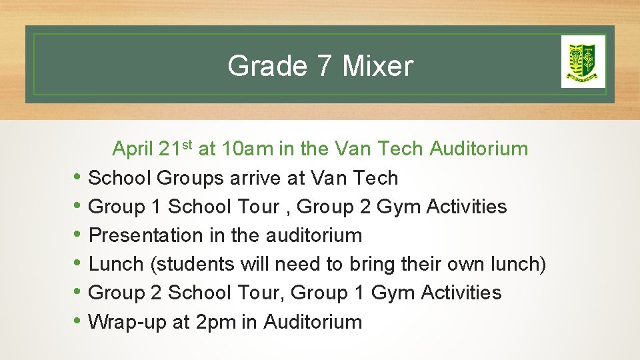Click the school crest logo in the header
(583, 61)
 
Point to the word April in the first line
(133, 149)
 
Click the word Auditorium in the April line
(479, 149)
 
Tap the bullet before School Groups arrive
(78, 178)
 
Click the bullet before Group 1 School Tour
(78, 207)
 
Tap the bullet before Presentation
(78, 235)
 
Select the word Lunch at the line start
(116, 264)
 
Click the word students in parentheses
(193, 264)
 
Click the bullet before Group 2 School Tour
(78, 293)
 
